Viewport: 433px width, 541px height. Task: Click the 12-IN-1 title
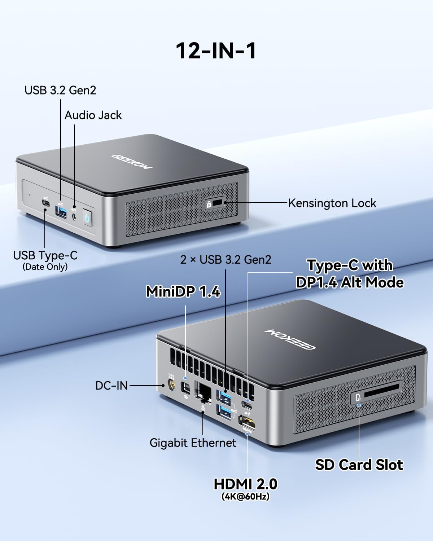[216, 50]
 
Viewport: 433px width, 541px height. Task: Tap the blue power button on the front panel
[87, 218]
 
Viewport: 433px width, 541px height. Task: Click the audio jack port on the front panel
[75, 217]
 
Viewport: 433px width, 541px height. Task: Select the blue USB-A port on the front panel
[61, 212]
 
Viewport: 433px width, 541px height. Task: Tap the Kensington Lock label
[332, 203]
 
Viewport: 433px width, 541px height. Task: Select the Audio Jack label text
[93, 115]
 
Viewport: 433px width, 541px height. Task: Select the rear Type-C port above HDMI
[248, 405]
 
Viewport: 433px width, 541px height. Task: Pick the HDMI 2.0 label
[245, 484]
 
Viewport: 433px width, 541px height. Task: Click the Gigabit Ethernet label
[193, 443]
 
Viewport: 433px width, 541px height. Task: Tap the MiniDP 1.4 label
[183, 291]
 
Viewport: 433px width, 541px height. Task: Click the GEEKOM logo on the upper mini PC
[132, 162]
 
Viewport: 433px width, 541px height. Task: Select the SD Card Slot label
[359, 465]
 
